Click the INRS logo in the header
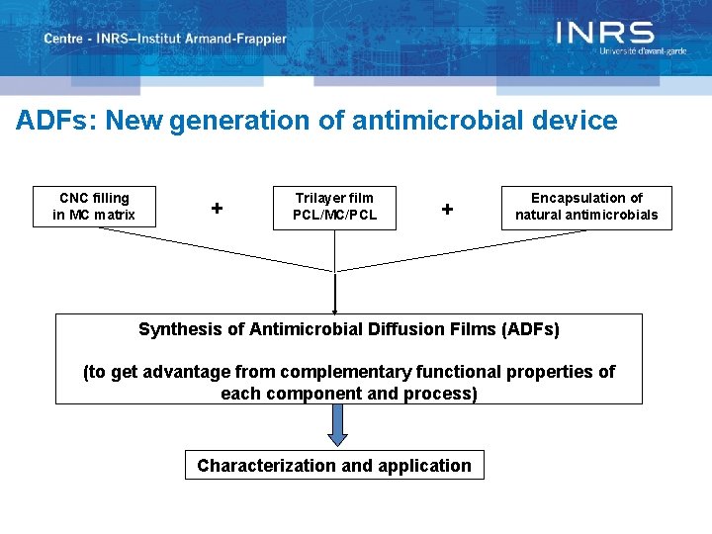click(x=604, y=34)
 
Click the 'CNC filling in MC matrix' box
click(x=94, y=207)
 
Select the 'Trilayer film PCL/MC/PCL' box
click(x=334, y=207)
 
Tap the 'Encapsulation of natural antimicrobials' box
click(x=586, y=207)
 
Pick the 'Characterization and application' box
click(x=334, y=465)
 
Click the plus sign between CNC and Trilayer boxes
click(x=217, y=209)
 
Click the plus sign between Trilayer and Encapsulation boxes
click(x=448, y=209)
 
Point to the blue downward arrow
click(x=338, y=424)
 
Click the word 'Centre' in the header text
click(x=63, y=39)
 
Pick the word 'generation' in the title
click(x=225, y=121)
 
